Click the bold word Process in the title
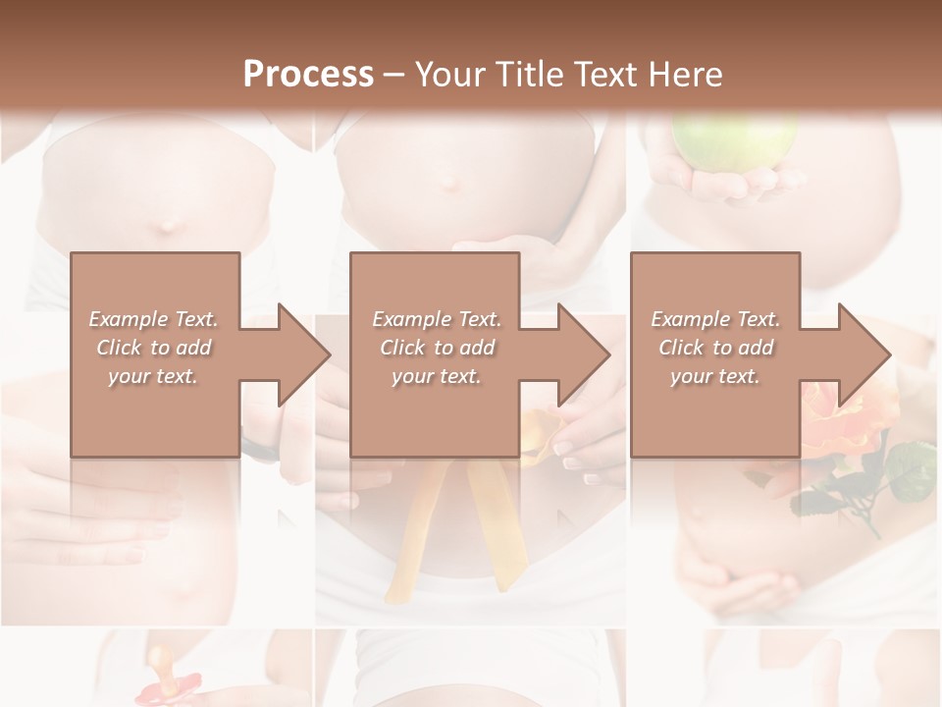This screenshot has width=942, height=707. pos(308,75)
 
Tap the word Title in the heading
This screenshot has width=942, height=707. pos(524,75)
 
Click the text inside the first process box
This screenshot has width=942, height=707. pos(153,348)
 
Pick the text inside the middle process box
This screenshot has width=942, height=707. pos(436,348)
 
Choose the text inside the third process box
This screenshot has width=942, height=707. pos(715,348)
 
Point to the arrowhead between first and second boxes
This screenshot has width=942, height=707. pos(303,354)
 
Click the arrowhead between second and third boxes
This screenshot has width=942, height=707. pos(583,354)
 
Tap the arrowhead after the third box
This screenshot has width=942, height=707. pos(863,354)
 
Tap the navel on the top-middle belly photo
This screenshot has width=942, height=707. pos(447,182)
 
